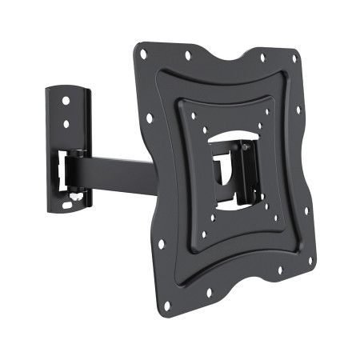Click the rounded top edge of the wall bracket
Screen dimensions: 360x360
[x=72, y=83]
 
